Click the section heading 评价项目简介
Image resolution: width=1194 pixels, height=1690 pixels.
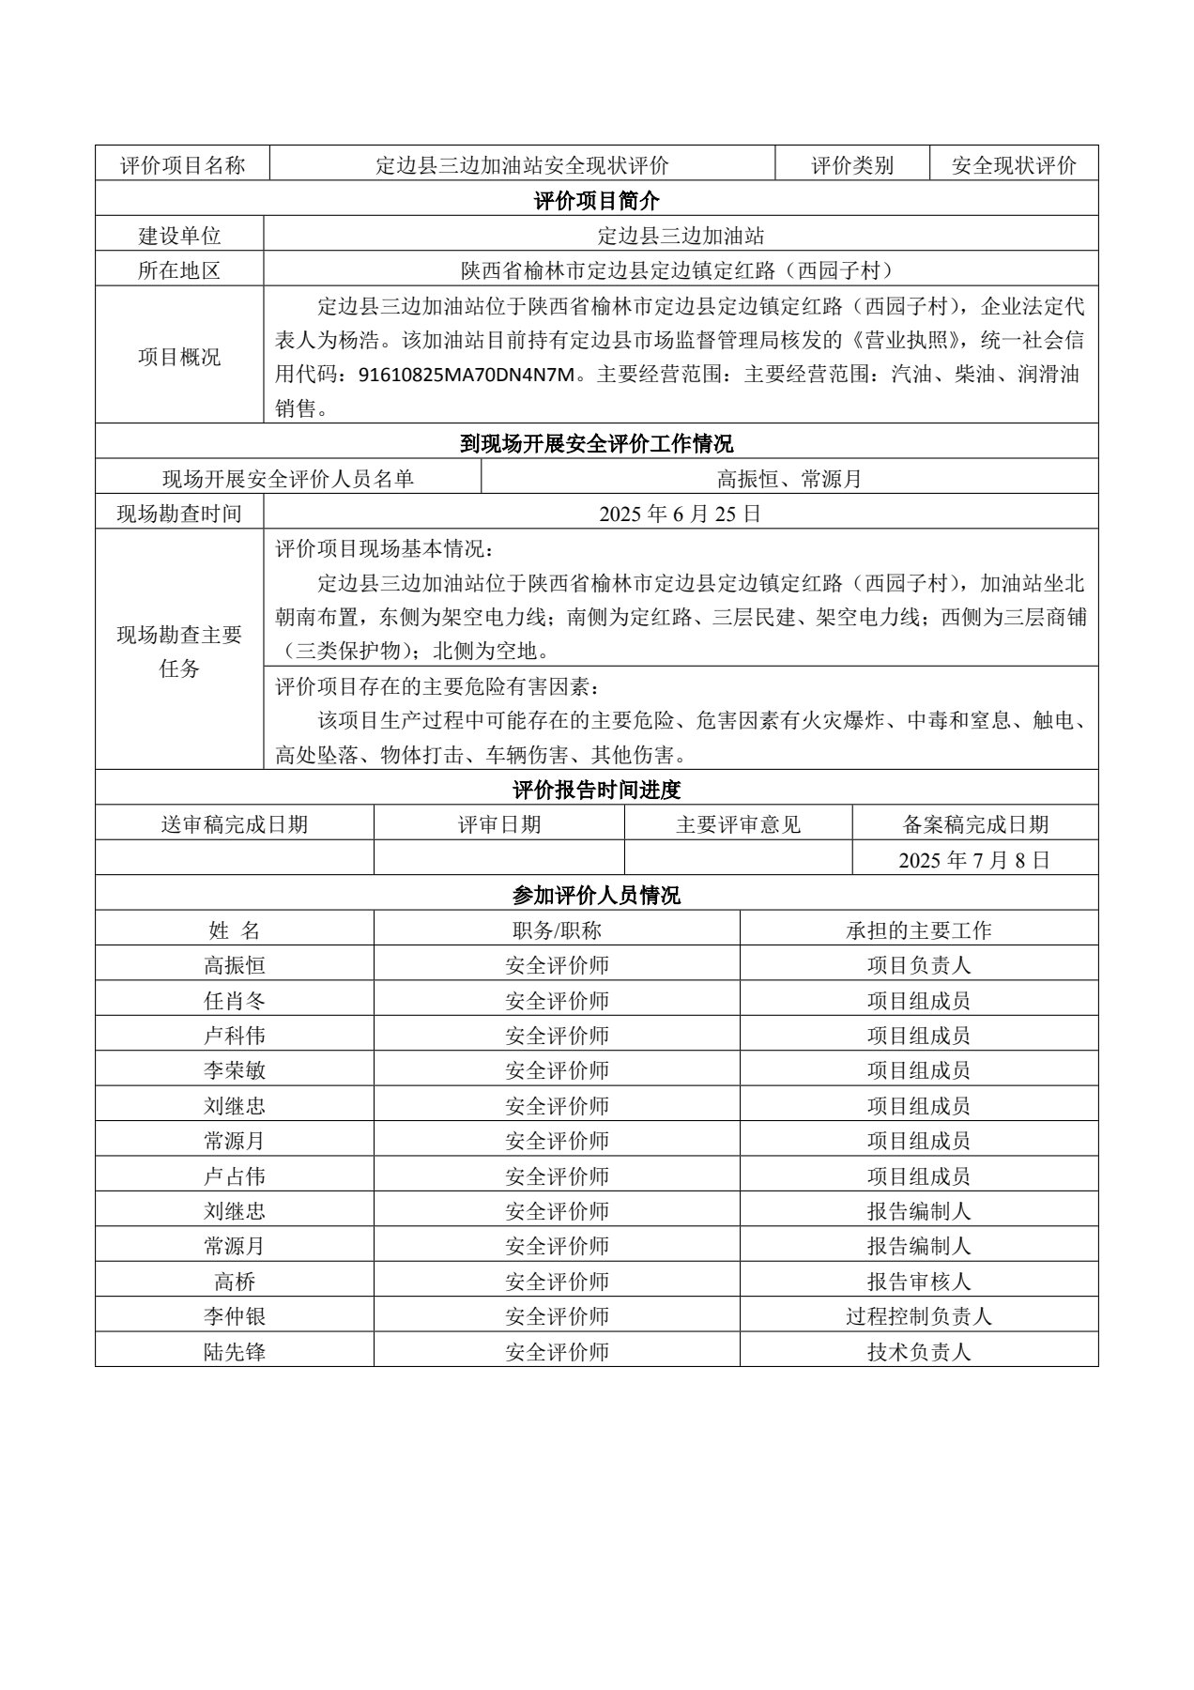(x=596, y=200)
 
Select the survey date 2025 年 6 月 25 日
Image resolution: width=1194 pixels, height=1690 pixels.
(x=680, y=514)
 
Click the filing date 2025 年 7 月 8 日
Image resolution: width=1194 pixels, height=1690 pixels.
(x=974, y=860)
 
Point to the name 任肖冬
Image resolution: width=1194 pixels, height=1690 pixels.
(x=235, y=1001)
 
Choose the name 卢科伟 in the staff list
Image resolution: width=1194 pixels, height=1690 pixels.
(x=235, y=1036)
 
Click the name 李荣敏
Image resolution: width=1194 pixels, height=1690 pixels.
(x=235, y=1070)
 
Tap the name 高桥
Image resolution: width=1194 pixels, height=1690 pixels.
(x=235, y=1282)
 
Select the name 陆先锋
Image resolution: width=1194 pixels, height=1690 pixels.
(x=235, y=1352)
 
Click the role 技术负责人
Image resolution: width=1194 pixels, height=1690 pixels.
(x=918, y=1352)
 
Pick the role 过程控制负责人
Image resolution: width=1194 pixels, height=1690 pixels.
(x=918, y=1316)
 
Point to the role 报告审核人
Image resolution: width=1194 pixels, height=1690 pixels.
(x=918, y=1282)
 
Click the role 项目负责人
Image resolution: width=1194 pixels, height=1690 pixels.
(x=918, y=965)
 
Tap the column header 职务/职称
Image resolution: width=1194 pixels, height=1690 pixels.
(x=557, y=930)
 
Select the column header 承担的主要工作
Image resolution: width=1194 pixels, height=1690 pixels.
(x=918, y=930)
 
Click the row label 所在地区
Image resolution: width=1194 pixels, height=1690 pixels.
(x=179, y=270)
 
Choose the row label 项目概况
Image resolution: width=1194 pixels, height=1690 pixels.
(x=179, y=357)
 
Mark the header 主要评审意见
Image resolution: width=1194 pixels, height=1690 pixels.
(x=738, y=824)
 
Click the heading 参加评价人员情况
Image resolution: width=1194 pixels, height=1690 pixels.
(x=596, y=895)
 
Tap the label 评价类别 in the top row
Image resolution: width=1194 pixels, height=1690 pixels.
(x=852, y=166)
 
